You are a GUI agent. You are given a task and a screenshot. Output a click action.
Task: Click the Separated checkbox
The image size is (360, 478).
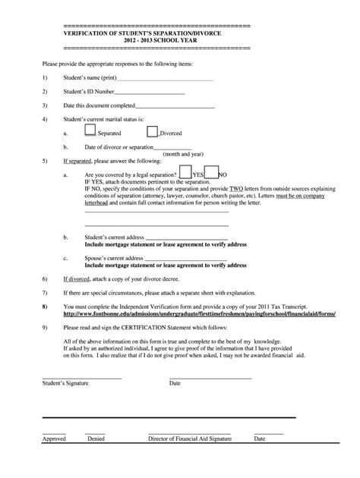point(90,131)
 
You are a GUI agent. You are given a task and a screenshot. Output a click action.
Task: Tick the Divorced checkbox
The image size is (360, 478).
point(152,131)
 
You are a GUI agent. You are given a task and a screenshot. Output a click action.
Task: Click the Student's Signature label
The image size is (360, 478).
point(61,383)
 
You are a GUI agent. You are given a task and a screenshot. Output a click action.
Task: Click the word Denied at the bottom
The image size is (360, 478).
point(96,438)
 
